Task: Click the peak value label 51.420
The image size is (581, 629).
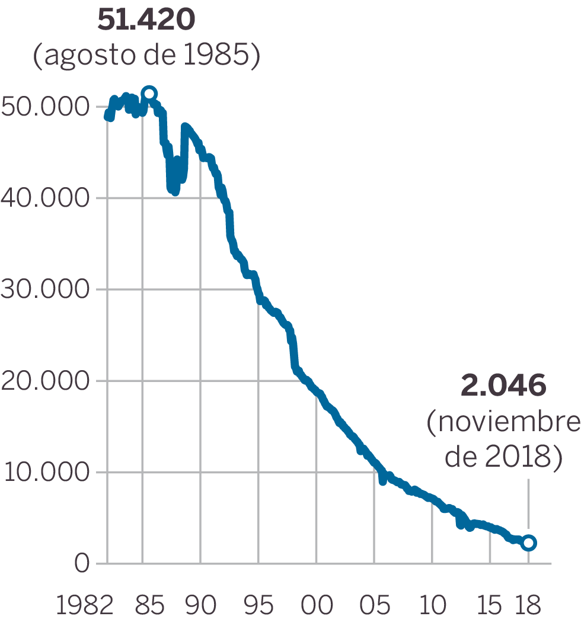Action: click(x=146, y=21)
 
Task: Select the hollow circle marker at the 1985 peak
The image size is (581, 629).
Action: click(x=149, y=94)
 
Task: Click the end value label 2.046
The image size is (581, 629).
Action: click(x=503, y=386)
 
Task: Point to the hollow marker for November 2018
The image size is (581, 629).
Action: click(x=529, y=543)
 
